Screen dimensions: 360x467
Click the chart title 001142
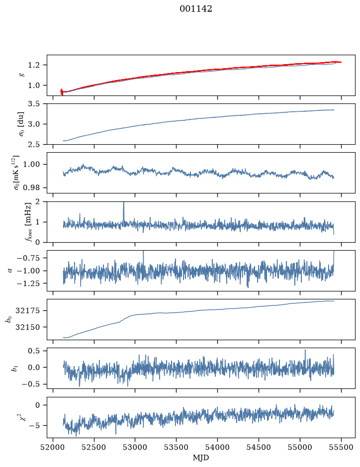pos(196,9)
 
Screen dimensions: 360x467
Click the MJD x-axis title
pos(201,458)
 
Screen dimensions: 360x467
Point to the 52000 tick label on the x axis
pos(53,447)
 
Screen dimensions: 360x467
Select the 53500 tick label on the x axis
pos(177,447)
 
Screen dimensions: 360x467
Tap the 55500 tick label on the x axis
pos(341,447)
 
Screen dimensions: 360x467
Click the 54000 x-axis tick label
pos(217,447)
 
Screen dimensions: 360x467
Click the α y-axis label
pos(10,271)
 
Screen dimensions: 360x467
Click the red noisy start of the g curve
pos(62,92)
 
